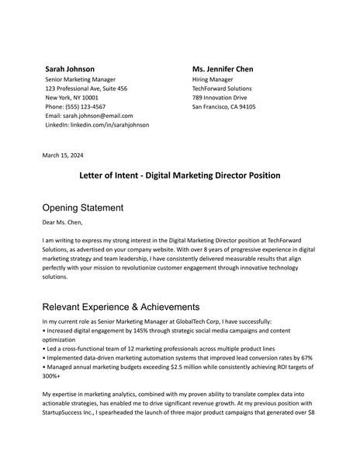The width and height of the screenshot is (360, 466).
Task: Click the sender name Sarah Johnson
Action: click(70, 69)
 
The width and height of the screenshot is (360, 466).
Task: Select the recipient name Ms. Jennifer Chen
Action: click(223, 69)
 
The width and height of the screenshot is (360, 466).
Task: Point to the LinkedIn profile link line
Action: click(97, 125)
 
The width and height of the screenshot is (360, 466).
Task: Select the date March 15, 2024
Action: click(63, 155)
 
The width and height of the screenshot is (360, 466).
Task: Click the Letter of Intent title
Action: click(180, 176)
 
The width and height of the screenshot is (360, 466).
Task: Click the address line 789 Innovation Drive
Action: click(220, 98)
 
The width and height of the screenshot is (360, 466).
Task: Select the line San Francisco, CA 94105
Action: click(223, 107)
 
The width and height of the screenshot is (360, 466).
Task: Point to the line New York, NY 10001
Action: click(72, 98)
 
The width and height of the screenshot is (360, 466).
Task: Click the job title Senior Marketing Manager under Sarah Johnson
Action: click(81, 79)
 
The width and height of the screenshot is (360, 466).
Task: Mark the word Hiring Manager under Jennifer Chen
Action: click(213, 79)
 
